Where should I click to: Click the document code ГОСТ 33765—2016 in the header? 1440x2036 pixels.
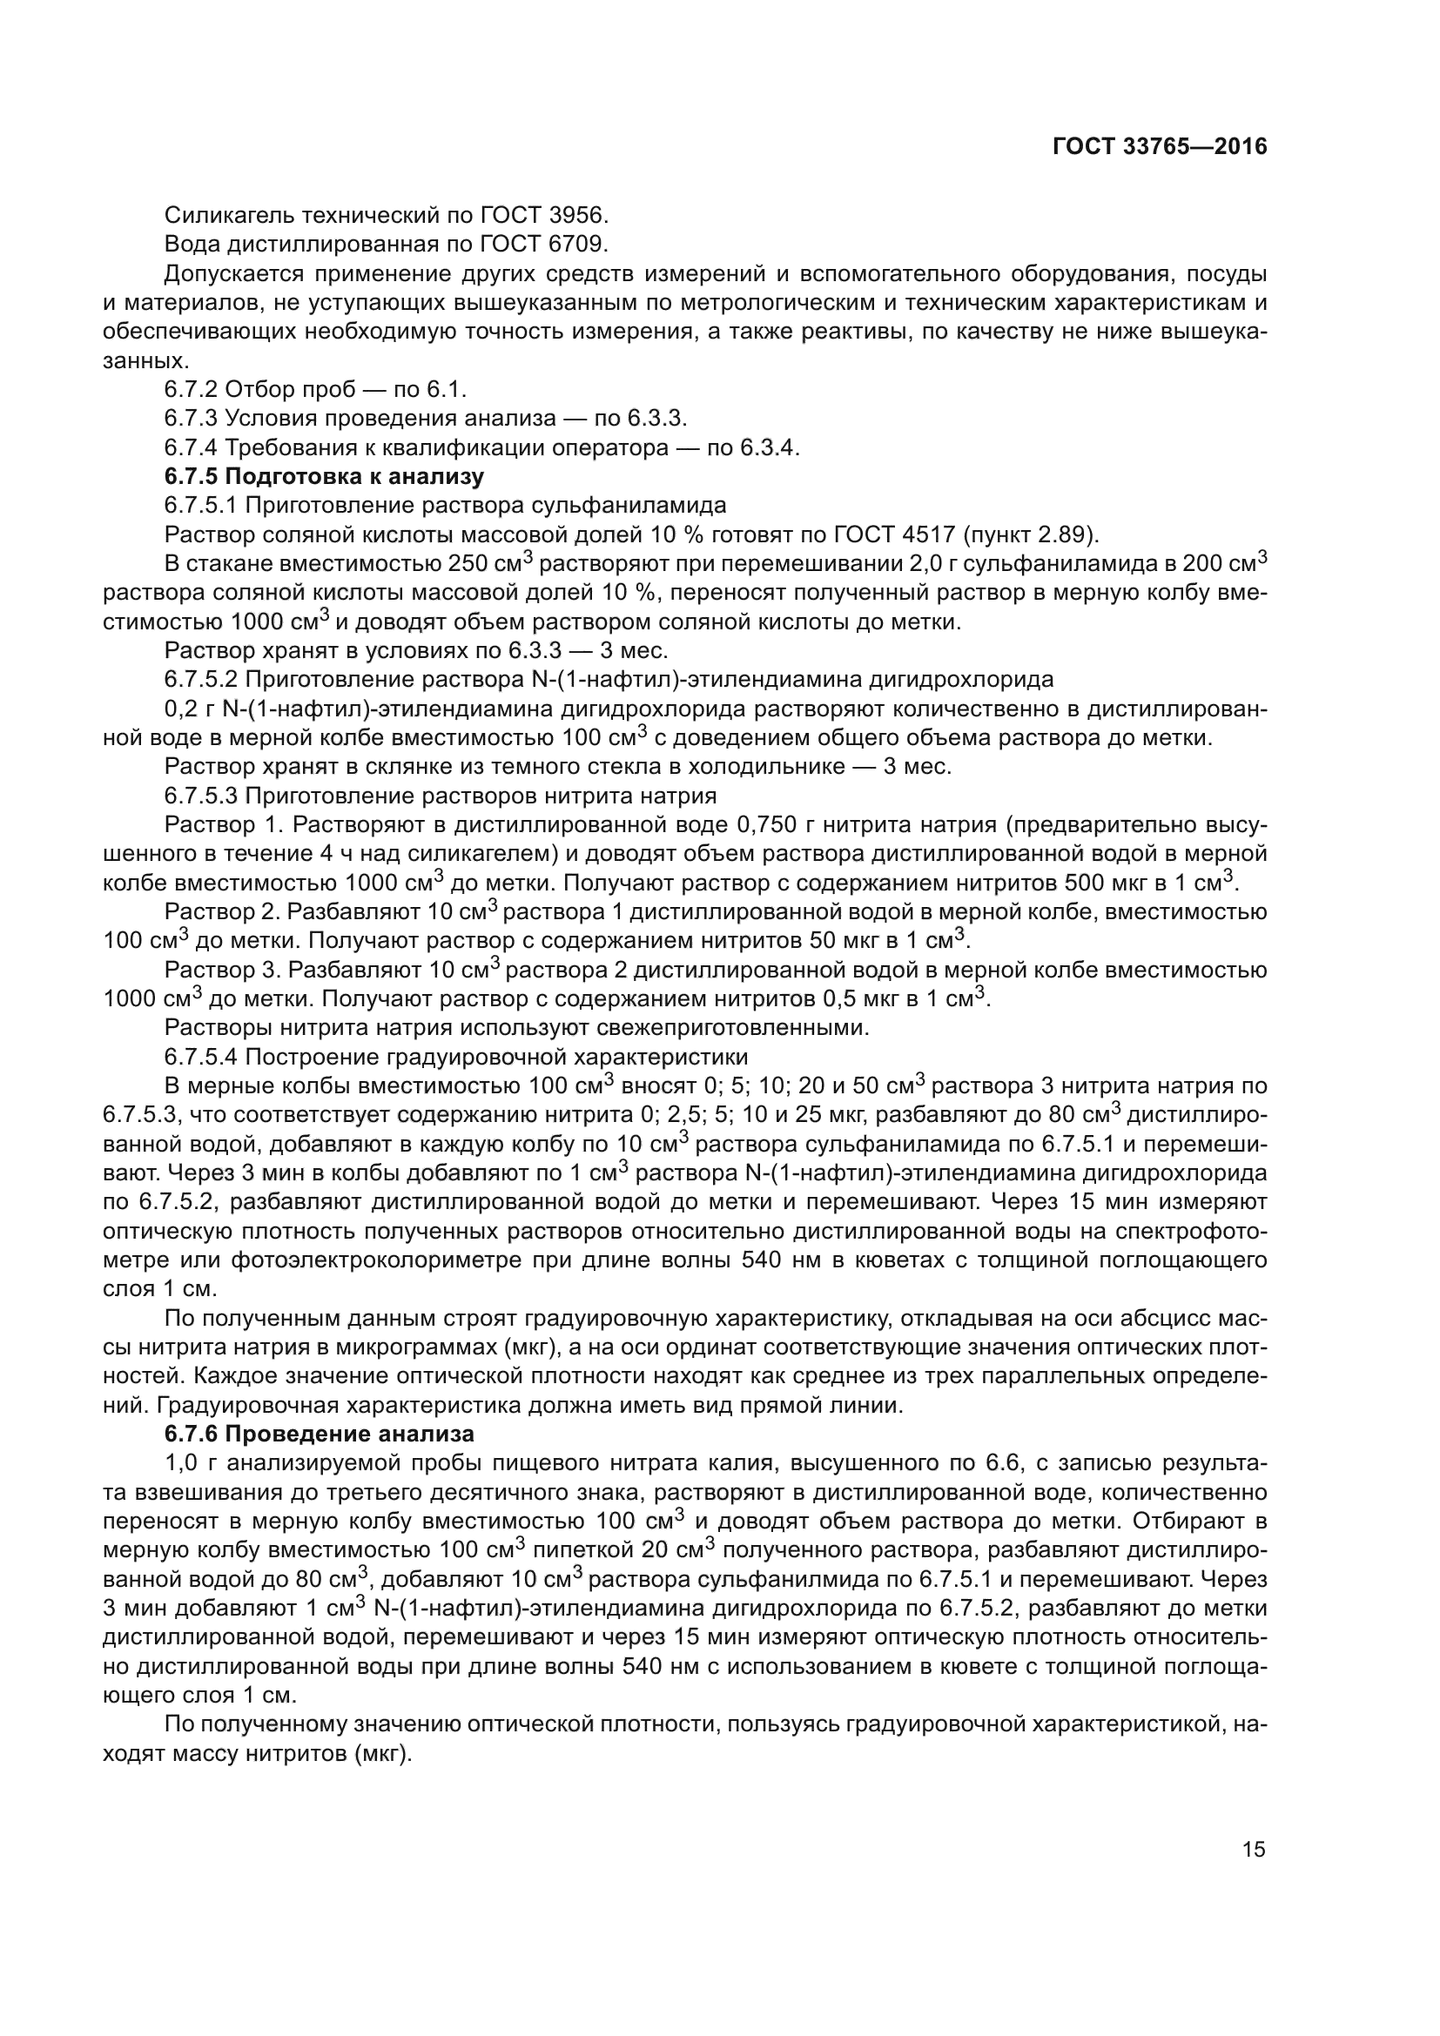(1160, 146)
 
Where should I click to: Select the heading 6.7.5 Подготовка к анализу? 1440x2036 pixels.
(324, 476)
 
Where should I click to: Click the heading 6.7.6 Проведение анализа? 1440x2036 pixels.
(320, 1434)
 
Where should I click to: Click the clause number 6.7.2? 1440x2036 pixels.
(191, 389)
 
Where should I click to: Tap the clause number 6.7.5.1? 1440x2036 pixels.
(201, 506)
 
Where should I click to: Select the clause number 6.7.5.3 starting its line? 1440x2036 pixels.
(201, 796)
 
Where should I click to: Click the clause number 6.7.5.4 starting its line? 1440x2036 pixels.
(201, 1057)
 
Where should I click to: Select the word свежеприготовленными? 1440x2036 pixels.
(749, 1028)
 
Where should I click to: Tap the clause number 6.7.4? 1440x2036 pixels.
(191, 447)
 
